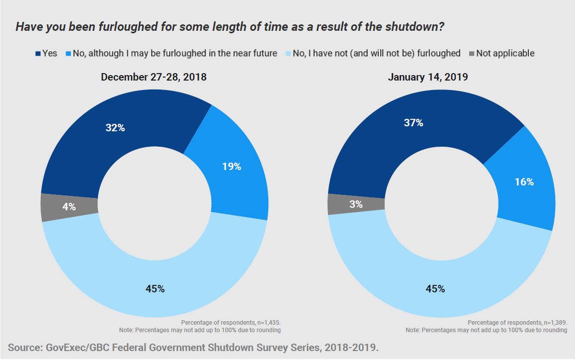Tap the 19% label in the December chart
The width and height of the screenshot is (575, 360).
tap(231, 167)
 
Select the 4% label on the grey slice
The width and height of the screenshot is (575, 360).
tap(69, 207)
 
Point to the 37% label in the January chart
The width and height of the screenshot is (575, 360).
tap(413, 122)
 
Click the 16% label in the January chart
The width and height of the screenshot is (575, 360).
tap(524, 182)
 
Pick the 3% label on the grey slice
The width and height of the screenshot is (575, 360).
tap(356, 204)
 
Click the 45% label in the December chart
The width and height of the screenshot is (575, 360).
tap(155, 288)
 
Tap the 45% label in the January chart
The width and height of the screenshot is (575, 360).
tap(435, 288)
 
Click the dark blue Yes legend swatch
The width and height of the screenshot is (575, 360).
tap(38, 53)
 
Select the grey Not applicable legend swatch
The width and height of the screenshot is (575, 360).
tap(471, 53)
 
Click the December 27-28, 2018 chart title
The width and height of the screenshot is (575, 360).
tap(154, 77)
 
